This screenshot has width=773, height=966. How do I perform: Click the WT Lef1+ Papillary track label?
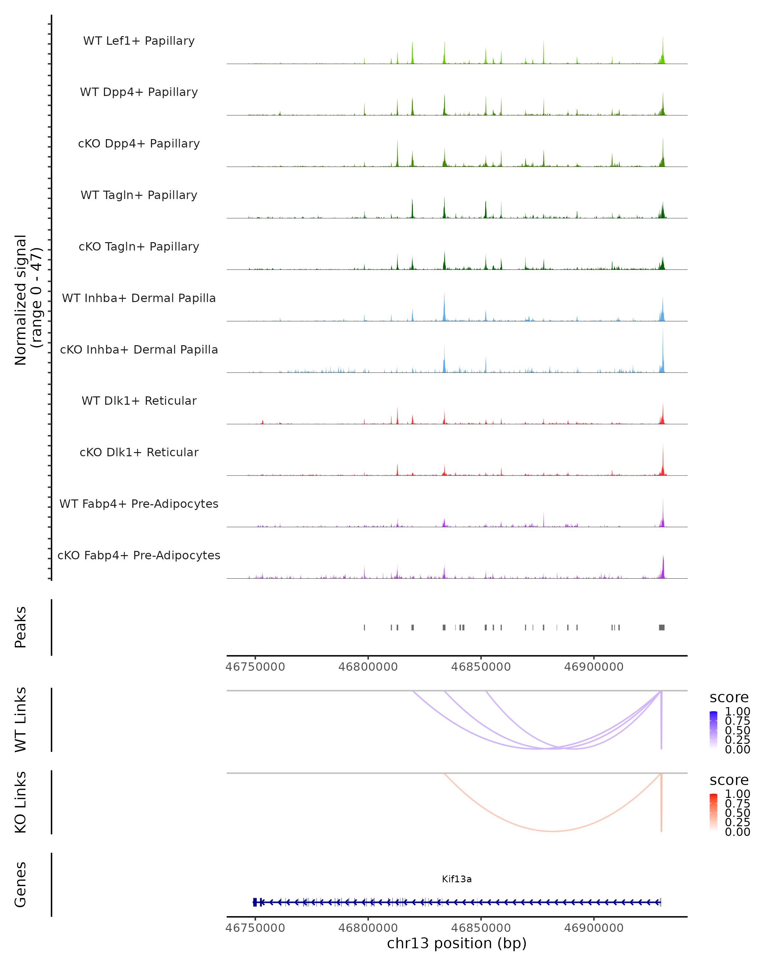point(139,41)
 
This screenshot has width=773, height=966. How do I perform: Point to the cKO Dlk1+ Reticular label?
point(139,452)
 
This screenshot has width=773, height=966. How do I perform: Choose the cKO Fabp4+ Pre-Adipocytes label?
point(139,555)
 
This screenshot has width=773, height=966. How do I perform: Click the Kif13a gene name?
point(457,879)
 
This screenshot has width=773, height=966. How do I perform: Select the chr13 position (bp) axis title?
point(457,943)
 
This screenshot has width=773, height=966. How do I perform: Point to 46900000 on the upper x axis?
point(594,667)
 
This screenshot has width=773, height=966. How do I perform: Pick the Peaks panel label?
point(21,627)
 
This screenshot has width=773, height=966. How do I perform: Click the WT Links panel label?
point(21,720)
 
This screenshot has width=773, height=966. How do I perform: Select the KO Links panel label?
point(21,802)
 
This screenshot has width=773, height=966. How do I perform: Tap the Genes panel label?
point(21,885)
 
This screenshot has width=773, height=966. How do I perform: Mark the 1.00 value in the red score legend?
point(738,794)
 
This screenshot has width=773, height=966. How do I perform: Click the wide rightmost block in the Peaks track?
point(662,627)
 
